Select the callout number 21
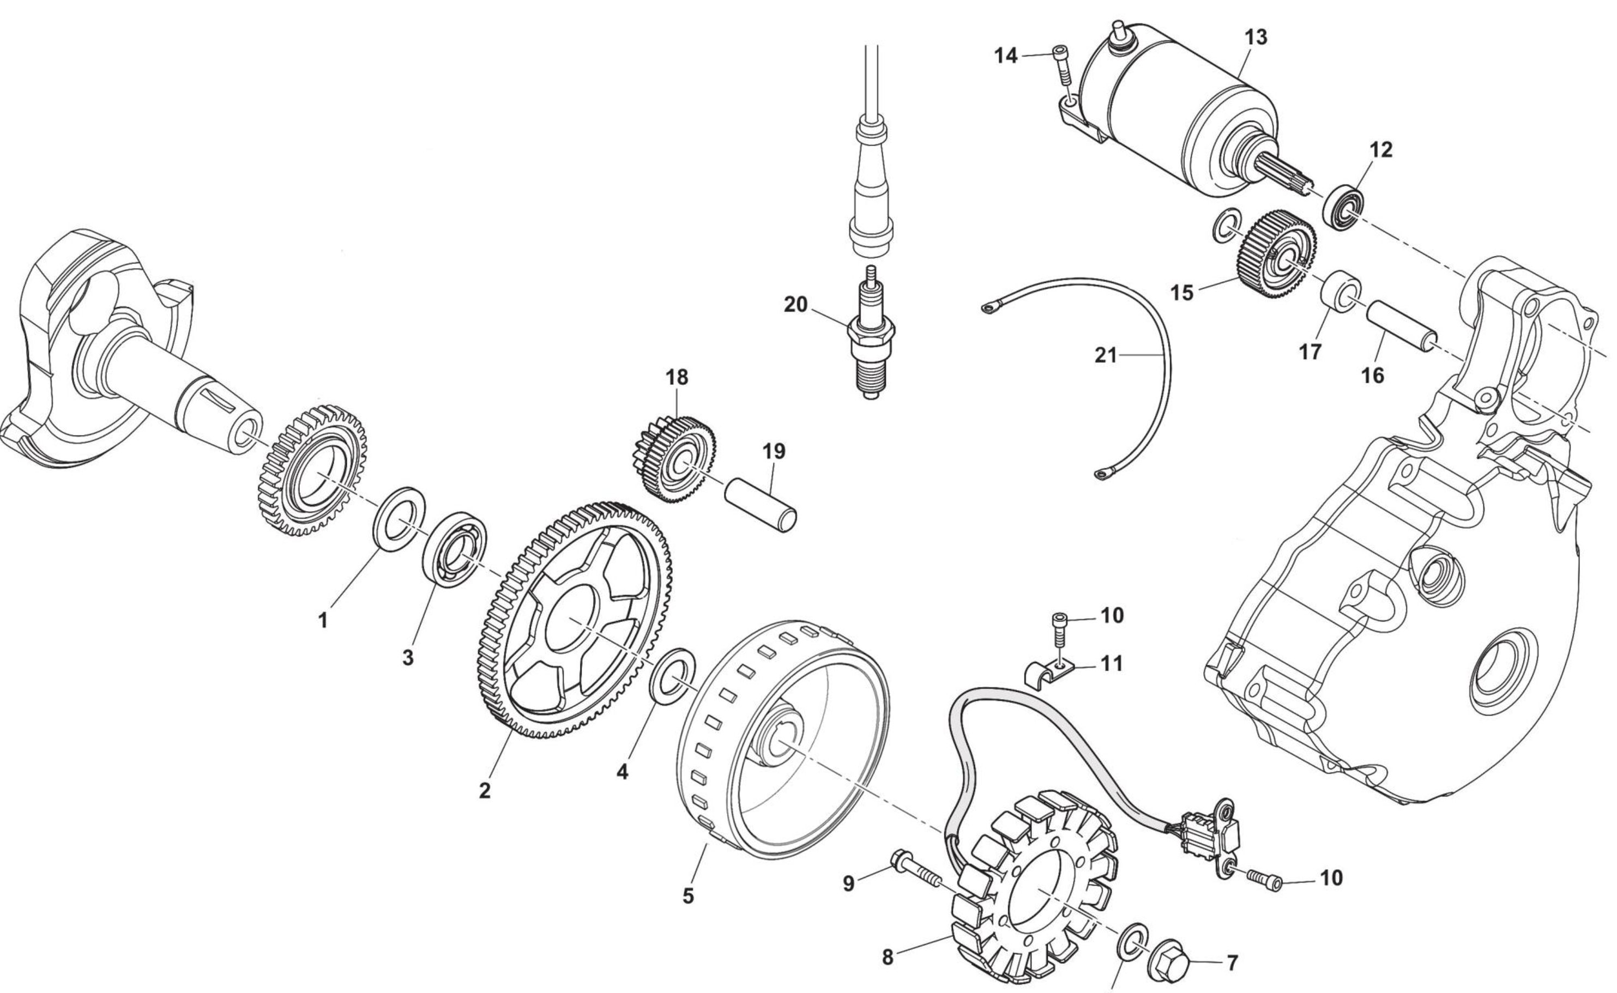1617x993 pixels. click(x=1106, y=355)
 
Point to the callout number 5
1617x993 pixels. click(x=687, y=896)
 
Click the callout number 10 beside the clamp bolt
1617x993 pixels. click(x=1112, y=615)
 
